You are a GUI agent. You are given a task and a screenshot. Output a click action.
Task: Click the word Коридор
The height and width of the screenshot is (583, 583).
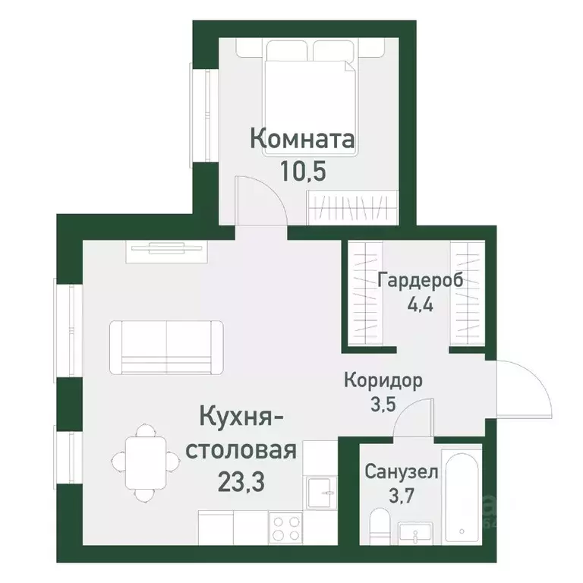pos(383,380)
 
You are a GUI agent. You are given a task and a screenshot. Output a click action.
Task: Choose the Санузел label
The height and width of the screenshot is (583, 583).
pos(401,472)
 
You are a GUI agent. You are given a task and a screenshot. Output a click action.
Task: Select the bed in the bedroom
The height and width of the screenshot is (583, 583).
pos(310,95)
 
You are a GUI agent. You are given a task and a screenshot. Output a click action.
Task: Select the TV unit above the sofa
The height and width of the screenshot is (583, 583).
pos(168,248)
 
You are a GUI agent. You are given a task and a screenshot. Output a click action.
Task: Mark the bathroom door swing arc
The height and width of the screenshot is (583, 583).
pos(414,418)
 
